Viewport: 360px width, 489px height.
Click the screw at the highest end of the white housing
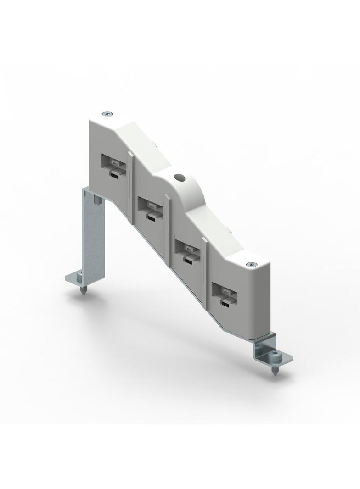point(107,113)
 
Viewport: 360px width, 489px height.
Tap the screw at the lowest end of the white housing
point(250,265)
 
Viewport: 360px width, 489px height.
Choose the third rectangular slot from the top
point(187,250)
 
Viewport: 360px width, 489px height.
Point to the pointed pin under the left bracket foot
point(84,291)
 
